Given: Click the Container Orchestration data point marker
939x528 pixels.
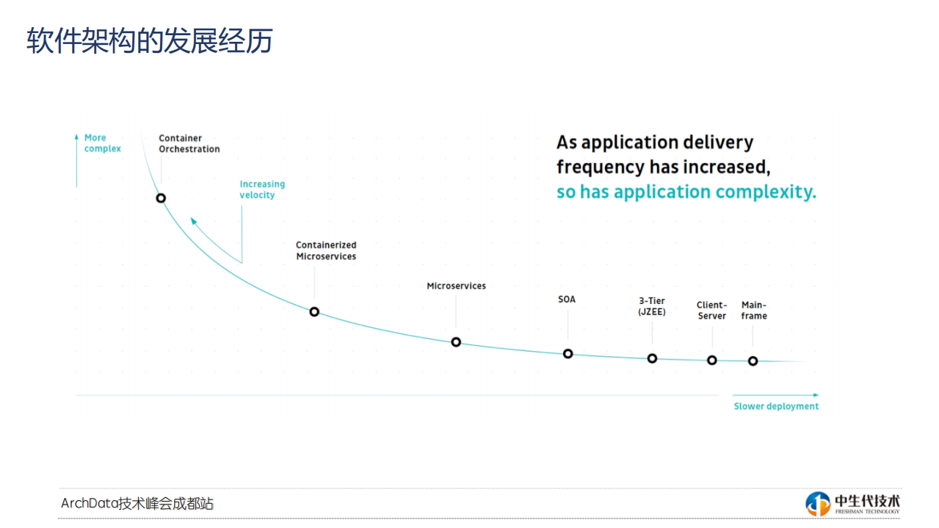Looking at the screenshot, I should tap(161, 198).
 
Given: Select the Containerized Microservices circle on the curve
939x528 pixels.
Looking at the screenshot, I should tap(314, 311).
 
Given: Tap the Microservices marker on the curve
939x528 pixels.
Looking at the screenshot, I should tap(456, 342).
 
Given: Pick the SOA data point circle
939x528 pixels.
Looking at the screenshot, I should tap(568, 354).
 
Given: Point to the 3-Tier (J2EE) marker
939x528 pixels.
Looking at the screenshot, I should tap(652, 358).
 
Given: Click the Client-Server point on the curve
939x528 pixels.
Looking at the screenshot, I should tap(712, 360).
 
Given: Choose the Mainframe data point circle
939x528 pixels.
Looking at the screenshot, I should tap(753, 361).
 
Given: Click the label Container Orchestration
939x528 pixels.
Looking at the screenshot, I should tap(189, 143).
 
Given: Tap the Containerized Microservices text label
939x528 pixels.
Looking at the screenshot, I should tap(326, 250).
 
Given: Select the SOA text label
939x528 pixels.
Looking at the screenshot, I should tap(567, 300).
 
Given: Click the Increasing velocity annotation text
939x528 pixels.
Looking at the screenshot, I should tap(261, 189).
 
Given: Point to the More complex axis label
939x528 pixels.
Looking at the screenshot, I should tap(102, 143).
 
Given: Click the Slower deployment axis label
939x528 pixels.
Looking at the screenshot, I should tap(776, 406).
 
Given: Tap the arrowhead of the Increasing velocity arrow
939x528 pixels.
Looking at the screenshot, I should tap(193, 220).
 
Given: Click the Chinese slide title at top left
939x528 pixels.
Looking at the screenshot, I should tap(150, 41).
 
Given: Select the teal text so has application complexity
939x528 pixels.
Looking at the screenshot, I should tap(686, 192).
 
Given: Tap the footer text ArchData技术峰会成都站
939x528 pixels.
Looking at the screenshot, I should tap(137, 504).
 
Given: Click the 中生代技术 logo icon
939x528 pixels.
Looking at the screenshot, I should tap(818, 504).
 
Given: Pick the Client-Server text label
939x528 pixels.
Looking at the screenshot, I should tap(711, 311).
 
